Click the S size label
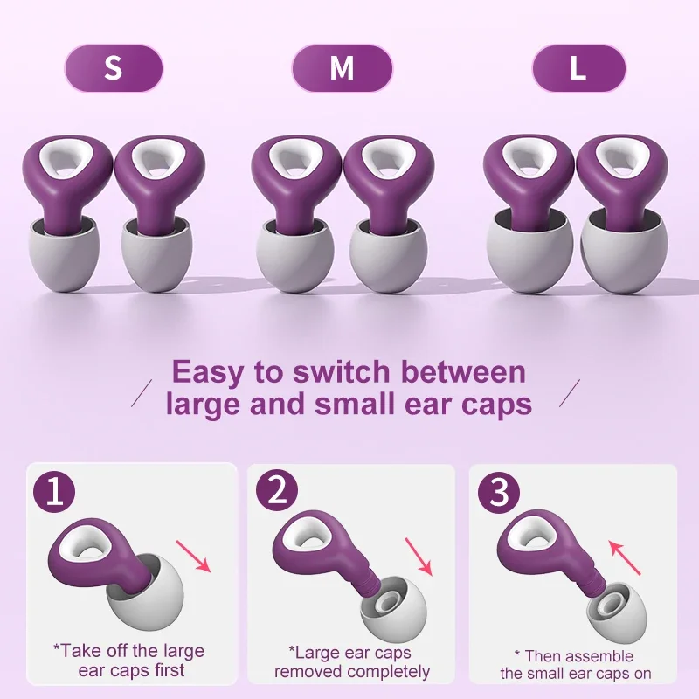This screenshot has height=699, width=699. (x=113, y=68)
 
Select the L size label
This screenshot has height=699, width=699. (x=578, y=68)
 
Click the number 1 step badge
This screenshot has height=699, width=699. (x=54, y=494)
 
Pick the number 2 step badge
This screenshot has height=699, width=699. (x=277, y=494)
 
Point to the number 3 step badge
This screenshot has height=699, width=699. (x=499, y=494)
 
